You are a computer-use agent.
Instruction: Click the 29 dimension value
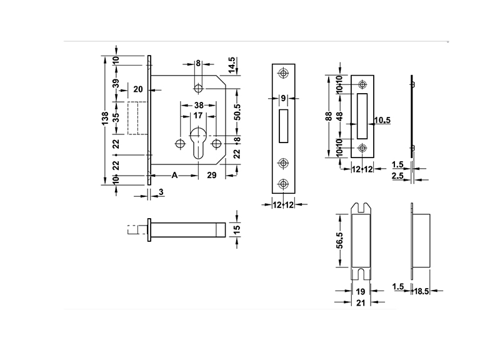pos(211,176)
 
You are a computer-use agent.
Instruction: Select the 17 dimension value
pos(197,116)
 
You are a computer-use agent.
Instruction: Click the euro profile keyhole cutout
pos(198,142)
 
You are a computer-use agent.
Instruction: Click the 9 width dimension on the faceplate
pos(283,98)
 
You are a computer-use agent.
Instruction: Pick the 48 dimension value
pos(339,117)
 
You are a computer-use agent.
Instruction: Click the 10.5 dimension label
pos(382,120)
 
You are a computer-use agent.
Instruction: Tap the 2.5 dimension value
pos(397,177)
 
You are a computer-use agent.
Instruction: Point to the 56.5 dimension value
pos(339,240)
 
